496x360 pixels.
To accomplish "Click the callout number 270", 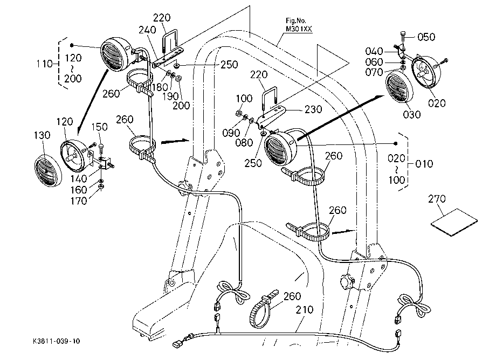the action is click(437, 199).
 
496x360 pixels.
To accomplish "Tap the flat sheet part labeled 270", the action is click(454, 222).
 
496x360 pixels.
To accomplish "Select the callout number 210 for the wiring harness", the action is click(304, 309).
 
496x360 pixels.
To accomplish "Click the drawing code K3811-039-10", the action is click(56, 341).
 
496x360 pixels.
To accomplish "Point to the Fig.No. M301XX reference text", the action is click(299, 25).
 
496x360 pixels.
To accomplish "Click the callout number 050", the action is click(426, 37).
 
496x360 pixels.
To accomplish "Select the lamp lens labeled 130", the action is click(48, 171).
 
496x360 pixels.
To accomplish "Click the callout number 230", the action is click(313, 109).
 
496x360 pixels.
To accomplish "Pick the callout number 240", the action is click(147, 30).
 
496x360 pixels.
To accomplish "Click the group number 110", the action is click(45, 64).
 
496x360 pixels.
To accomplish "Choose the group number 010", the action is click(424, 164).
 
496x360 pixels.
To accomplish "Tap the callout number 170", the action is click(79, 200).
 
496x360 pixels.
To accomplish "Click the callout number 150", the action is click(99, 127).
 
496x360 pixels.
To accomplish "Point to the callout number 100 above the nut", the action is click(244, 98).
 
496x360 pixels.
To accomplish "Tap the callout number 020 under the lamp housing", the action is click(437, 103).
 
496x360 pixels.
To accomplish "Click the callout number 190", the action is click(171, 96).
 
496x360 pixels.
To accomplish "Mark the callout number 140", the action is click(79, 179).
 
